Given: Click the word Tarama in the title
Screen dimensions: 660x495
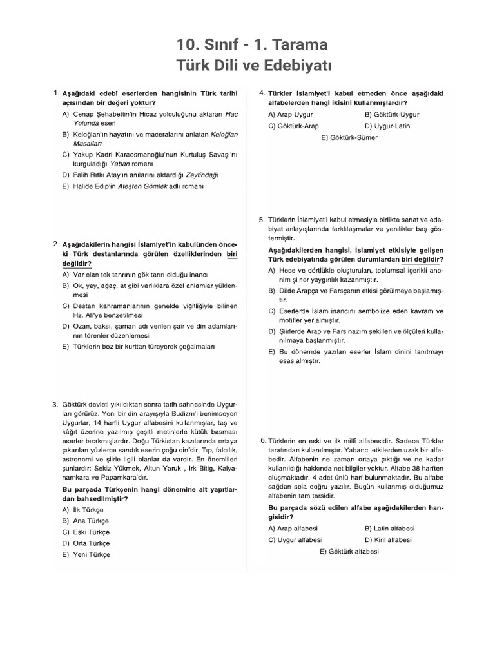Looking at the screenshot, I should (300, 45).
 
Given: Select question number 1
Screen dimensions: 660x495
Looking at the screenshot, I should (56, 93).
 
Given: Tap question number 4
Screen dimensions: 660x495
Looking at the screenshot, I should (262, 93).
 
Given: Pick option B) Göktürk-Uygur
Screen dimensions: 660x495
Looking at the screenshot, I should (387, 114).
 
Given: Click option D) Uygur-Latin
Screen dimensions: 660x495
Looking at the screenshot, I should (387, 126).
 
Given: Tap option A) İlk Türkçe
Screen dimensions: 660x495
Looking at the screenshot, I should (83, 509).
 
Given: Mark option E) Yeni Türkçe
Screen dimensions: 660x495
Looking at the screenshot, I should (86, 554).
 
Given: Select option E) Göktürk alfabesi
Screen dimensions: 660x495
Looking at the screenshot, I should (349, 552).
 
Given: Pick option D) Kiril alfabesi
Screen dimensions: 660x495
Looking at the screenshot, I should (388, 539).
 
